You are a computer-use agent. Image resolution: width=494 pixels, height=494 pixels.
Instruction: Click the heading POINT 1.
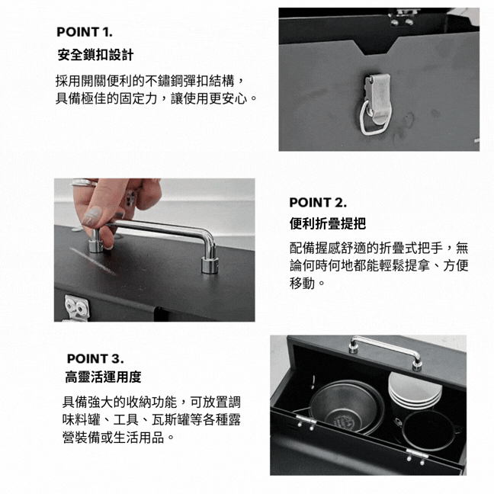pos(84,32)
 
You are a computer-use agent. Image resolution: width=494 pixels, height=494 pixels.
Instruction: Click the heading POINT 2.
pos(318,203)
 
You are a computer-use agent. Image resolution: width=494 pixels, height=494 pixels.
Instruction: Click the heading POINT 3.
pos(95,358)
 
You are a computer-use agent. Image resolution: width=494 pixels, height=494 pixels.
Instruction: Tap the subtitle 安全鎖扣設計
pos(95,55)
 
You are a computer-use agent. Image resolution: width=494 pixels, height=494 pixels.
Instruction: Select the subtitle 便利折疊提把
pos(328,223)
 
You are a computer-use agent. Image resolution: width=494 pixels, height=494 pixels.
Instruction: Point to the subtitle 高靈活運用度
pos(104,377)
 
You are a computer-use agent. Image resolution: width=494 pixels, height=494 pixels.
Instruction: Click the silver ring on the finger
pos(85,182)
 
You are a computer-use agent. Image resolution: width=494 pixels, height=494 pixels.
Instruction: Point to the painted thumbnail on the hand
pos(91,215)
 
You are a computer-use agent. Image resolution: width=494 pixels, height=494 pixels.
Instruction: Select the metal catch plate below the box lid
pos(76,307)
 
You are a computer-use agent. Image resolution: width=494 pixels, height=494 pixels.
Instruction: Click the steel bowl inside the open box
pos(347,407)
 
